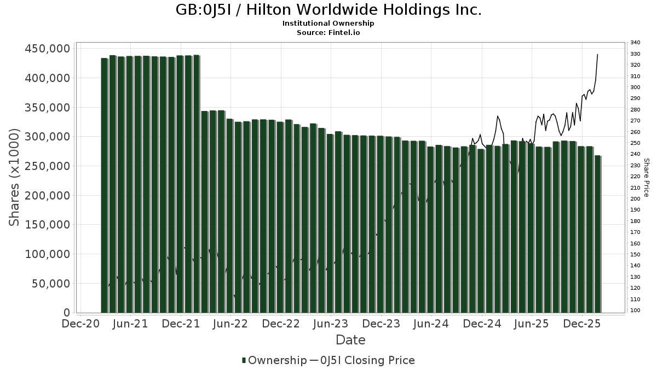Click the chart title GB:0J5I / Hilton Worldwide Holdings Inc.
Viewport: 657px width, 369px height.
(328, 10)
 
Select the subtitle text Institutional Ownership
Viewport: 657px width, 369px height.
(328, 24)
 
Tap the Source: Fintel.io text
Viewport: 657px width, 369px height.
(328, 32)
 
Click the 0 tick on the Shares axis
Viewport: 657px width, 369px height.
(66, 313)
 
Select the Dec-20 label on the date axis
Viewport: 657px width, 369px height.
(80, 324)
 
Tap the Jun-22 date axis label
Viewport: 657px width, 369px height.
(230, 324)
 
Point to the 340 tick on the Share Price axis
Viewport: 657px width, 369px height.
(635, 43)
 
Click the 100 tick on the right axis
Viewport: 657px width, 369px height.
(635, 311)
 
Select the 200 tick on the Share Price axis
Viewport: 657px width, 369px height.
(635, 199)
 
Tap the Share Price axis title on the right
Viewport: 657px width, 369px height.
(646, 178)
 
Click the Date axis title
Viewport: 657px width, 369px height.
(350, 340)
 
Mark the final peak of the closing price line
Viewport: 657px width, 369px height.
(597, 54)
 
